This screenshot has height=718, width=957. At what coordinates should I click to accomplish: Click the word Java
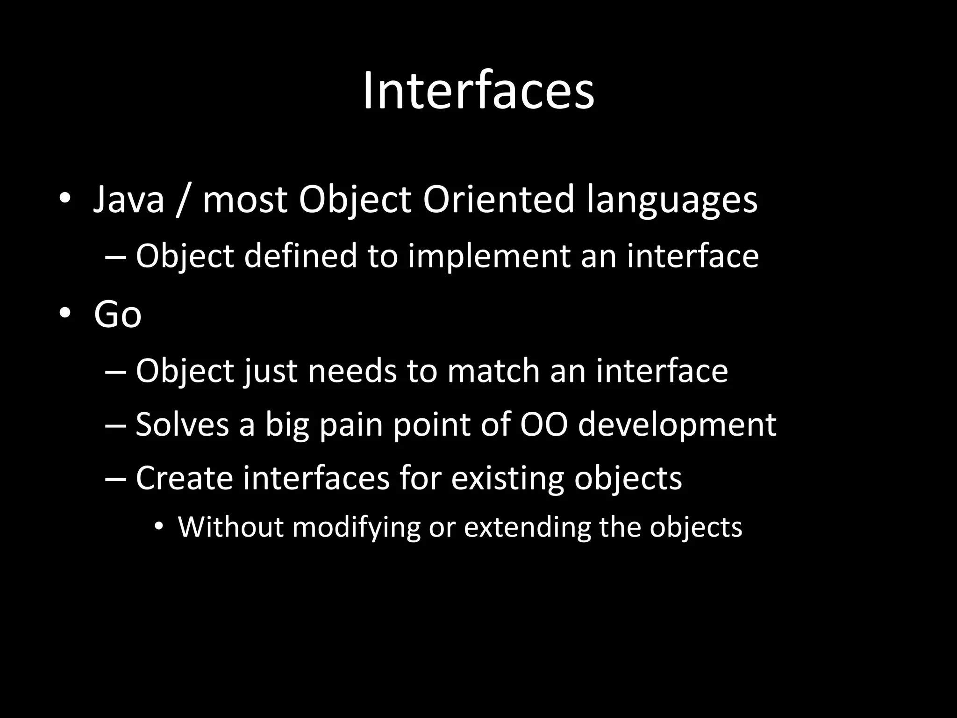tap(129, 200)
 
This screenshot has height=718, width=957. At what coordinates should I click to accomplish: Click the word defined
tap(300, 256)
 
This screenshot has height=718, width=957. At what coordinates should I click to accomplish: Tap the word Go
tap(117, 315)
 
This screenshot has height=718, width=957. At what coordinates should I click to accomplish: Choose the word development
tap(677, 425)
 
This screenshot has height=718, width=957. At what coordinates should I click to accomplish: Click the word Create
tap(184, 478)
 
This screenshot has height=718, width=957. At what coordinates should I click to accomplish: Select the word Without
tap(231, 527)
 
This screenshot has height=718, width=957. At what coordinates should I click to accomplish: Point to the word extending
tap(528, 528)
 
